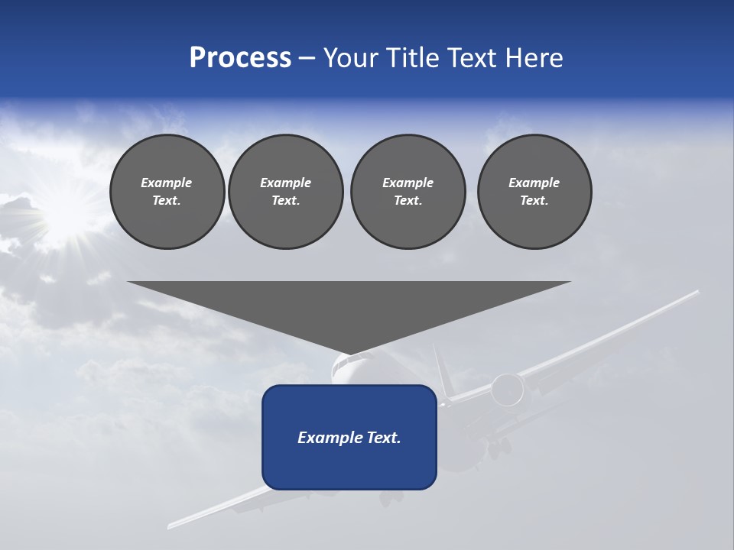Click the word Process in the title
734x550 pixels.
pos(240,58)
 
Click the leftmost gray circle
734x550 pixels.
pos(167,192)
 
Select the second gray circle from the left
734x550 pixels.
pos(286,192)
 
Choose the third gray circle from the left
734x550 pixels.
pos(408,192)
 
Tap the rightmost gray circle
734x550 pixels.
pos(534,192)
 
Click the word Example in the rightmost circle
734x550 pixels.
pos(534,183)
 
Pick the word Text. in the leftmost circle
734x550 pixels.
pos(167,201)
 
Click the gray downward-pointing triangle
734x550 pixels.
pos(349,309)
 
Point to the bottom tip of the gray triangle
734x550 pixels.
pos(349,353)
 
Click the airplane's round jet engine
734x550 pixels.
pos(507,390)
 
